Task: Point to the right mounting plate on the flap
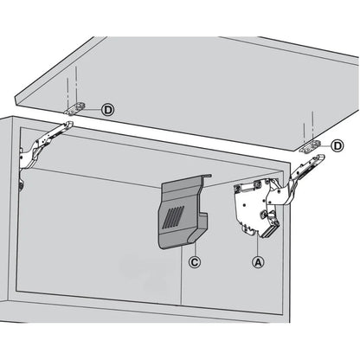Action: [x=310, y=148]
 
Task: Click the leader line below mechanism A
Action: [x=255, y=247]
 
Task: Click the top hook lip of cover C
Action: [x=206, y=177]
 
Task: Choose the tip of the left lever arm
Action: [x=67, y=125]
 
